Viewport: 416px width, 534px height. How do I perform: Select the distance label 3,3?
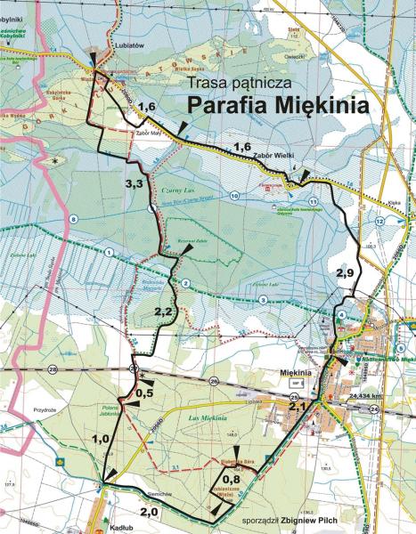point(135,183)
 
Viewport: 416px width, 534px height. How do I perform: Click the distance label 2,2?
point(163,311)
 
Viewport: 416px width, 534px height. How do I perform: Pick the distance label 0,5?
point(145,393)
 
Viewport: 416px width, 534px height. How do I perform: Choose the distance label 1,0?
point(101,439)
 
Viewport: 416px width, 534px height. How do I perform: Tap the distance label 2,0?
point(149,511)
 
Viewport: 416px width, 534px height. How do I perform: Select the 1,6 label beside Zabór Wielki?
point(241,147)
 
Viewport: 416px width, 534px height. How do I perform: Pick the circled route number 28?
point(53,368)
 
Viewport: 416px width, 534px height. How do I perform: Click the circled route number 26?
point(214,381)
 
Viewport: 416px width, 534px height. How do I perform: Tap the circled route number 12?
point(379,221)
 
